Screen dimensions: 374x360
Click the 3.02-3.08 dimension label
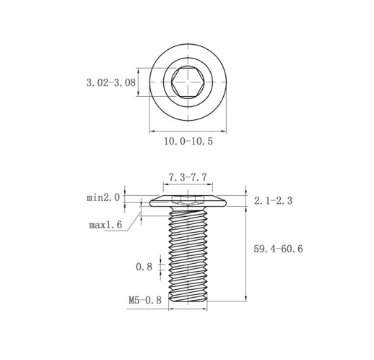pyautogui.click(x=111, y=82)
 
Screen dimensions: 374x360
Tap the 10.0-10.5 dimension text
pyautogui.click(x=188, y=141)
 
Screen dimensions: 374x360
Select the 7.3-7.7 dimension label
pyautogui.click(x=188, y=178)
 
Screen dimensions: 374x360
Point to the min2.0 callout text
pyautogui.click(x=103, y=198)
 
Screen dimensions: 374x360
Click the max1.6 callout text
pyautogui.click(x=105, y=225)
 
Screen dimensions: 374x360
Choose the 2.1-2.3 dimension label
pyautogui.click(x=273, y=200)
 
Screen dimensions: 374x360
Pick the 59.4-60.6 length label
pyautogui.click(x=278, y=249)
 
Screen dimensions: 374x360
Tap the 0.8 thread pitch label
pyautogui.click(x=144, y=267)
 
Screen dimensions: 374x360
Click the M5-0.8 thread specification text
pyautogui.click(x=145, y=300)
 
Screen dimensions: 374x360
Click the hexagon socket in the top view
pyautogui.click(x=188, y=82)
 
